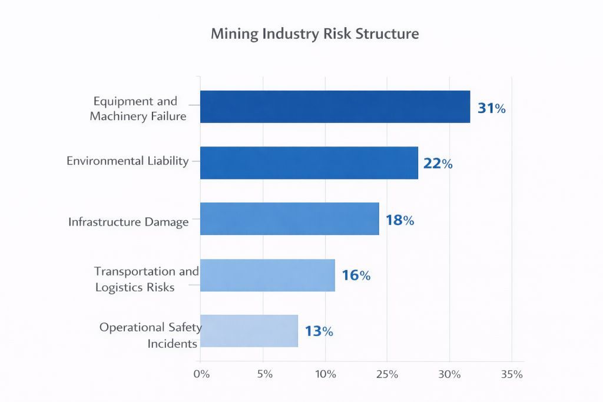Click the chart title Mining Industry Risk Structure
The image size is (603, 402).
tap(314, 34)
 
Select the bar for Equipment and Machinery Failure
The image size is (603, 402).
tap(335, 107)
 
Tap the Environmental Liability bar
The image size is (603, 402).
tap(309, 163)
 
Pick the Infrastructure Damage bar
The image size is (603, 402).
tap(289, 218)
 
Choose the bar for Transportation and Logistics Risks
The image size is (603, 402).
tap(267, 275)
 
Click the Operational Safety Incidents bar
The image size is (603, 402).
tap(249, 331)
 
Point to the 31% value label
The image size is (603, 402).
tap(491, 108)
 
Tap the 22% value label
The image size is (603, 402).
tap(438, 164)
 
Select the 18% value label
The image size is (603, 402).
tap(400, 221)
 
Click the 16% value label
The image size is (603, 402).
tap(356, 275)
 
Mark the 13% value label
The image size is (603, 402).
tap(319, 331)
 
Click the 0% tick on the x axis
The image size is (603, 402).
tap(201, 374)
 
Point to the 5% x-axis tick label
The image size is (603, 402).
tap(265, 374)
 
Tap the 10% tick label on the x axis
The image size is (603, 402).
tap(326, 374)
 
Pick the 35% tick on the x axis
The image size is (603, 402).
tap(511, 374)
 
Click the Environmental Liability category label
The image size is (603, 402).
tap(128, 161)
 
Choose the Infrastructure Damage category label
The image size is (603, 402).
tap(128, 222)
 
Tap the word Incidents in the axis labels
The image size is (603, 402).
tap(172, 344)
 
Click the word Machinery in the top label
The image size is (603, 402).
tap(118, 116)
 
